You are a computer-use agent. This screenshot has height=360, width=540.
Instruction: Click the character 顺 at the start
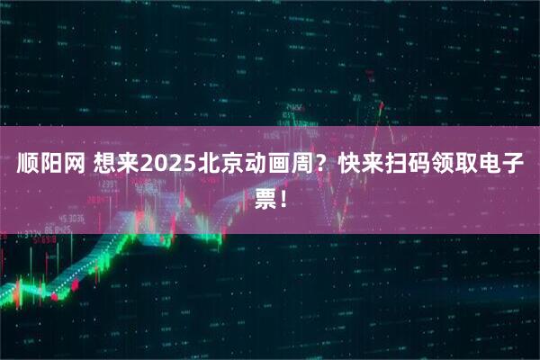(x=27, y=166)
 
